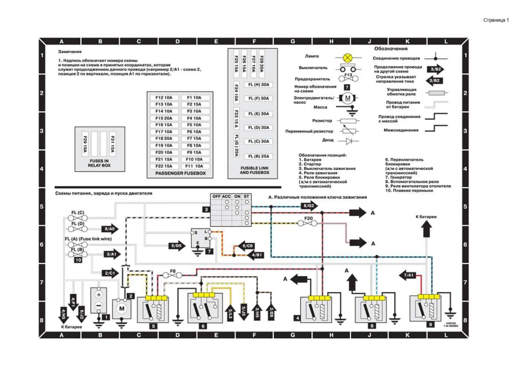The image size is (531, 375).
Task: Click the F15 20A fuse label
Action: tap(164, 118)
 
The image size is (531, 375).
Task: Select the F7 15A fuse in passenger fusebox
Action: tap(194, 138)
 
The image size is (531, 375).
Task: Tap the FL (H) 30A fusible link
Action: tap(258, 85)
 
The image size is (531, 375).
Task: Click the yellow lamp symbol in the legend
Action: tap(348, 57)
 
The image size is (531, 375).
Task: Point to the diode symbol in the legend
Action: tap(349, 141)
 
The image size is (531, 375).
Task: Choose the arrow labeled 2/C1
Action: tap(110, 273)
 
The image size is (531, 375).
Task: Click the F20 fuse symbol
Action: tap(307, 223)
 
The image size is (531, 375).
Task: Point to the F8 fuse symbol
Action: tap(172, 275)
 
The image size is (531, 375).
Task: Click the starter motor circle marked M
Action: tap(122, 309)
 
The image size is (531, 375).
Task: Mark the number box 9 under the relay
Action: tap(430, 325)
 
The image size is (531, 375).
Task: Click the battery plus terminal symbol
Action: tap(99, 295)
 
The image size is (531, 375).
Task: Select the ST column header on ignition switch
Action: tap(246, 196)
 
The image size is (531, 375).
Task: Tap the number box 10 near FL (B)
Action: tap(78, 260)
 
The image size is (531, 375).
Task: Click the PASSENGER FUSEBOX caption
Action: tap(180, 173)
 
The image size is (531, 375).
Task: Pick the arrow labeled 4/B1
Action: tap(256, 255)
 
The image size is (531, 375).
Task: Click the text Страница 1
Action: tap(496, 20)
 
